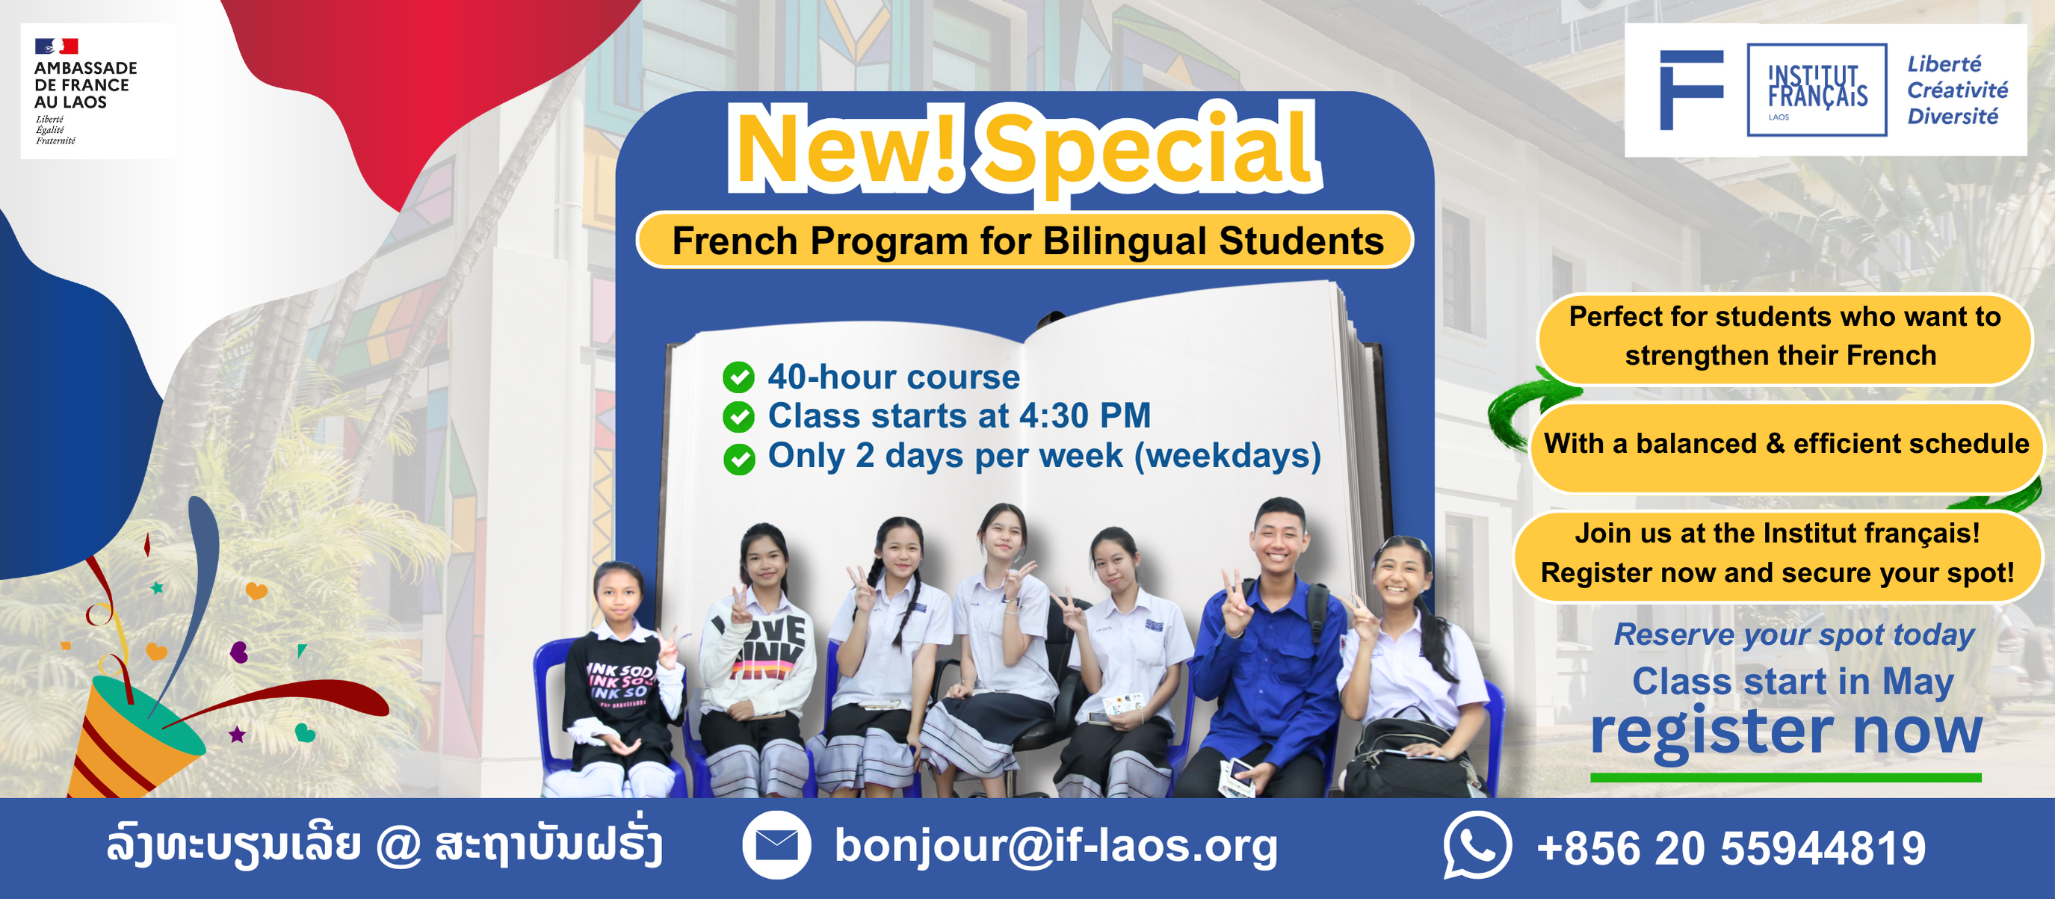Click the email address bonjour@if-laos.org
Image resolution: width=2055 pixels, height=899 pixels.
1055,847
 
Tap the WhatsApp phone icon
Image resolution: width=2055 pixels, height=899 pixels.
1477,844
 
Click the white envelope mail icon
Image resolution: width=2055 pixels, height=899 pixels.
776,844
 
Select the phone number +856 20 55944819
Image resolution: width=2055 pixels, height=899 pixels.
1731,847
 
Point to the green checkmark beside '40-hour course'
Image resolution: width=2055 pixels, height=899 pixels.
739,377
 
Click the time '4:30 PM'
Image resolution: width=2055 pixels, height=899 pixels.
1085,415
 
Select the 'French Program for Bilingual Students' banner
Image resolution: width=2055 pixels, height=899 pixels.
1025,240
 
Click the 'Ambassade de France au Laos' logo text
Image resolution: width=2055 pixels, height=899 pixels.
85,84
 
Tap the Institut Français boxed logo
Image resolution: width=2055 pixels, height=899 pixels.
1817,90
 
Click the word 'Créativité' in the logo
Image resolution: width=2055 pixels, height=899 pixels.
1958,90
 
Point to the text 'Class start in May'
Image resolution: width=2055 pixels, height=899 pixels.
1793,682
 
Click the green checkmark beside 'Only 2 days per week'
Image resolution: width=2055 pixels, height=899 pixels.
739,459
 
